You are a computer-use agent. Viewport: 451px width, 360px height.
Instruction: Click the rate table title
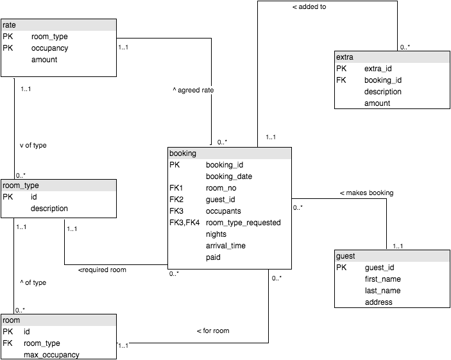[x=10, y=25]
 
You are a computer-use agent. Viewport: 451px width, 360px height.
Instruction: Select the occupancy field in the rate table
[x=49, y=48]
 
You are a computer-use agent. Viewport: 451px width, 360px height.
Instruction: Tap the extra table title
[x=345, y=57]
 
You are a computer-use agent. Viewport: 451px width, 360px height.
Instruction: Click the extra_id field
[x=379, y=69]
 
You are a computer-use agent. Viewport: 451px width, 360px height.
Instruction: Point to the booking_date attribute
[x=229, y=176]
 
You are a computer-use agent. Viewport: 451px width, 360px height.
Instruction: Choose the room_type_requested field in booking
[x=243, y=223]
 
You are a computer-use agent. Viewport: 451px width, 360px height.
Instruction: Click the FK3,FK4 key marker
[x=185, y=223]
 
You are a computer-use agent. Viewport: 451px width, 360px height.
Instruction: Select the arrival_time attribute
[x=226, y=246]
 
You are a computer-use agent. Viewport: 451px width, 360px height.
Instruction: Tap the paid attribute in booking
[x=214, y=257]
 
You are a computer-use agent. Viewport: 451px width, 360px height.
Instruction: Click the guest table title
[x=345, y=256]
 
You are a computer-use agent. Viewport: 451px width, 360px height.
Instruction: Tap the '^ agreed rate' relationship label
[x=193, y=90]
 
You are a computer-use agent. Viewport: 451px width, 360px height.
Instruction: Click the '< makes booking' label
[x=366, y=193]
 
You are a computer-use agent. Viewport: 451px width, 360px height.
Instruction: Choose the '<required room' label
[x=102, y=270]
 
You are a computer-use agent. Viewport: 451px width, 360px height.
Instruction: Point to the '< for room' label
[x=212, y=330]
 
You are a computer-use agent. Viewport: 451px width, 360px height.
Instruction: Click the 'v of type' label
[x=33, y=145]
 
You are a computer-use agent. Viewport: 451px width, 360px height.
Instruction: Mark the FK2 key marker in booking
[x=176, y=200]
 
